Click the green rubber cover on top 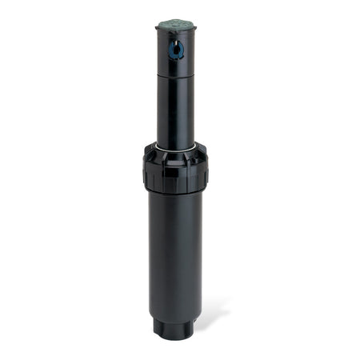(177, 26)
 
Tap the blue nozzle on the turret (176, 50)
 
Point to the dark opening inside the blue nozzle (176, 52)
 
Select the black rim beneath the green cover (176, 34)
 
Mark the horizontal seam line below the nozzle (176, 77)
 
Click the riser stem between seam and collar (176, 112)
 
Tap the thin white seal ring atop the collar (176, 148)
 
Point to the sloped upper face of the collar (176, 154)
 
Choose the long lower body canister (176, 248)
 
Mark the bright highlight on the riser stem (166, 112)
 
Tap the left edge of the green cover (158, 26)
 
